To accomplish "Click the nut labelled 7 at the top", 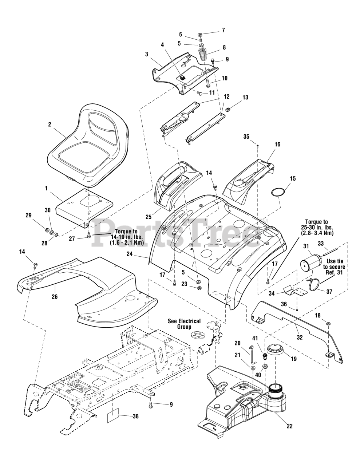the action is pos(200,34).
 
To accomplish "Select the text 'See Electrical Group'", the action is pos(184,324).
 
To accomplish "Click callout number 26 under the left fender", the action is pos(55,297).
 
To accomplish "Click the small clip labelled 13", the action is pos(228,110).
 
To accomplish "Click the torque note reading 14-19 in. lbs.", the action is pos(127,237).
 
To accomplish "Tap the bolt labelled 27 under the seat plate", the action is pos(88,236).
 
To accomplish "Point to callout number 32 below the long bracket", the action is pos(300,337).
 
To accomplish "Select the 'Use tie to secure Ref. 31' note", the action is pos(335,267).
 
